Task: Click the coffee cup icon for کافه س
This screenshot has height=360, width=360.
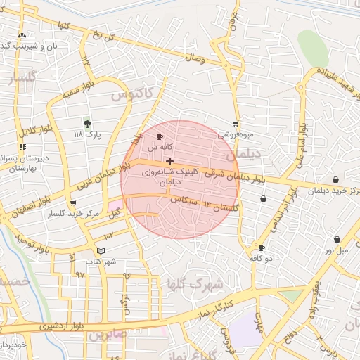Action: point(160,136)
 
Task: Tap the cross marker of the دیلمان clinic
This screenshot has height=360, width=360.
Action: point(169,161)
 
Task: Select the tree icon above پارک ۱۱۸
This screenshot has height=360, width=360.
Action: point(87,123)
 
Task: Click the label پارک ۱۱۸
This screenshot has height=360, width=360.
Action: point(88,134)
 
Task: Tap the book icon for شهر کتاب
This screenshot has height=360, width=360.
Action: point(101,251)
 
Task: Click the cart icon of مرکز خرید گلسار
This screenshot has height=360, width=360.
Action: point(72,203)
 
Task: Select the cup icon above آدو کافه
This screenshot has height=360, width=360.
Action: point(262,248)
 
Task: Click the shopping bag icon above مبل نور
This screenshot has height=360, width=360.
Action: point(337,240)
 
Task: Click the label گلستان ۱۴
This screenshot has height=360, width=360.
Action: point(221,206)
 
